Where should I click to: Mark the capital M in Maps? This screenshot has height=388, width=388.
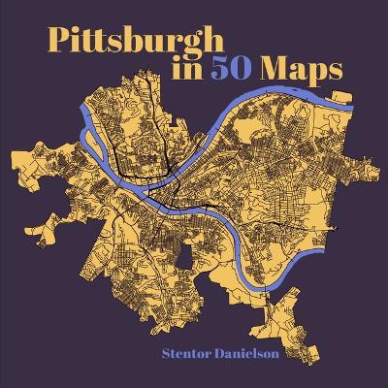[268, 73]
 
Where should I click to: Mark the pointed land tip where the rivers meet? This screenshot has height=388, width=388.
[144, 186]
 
